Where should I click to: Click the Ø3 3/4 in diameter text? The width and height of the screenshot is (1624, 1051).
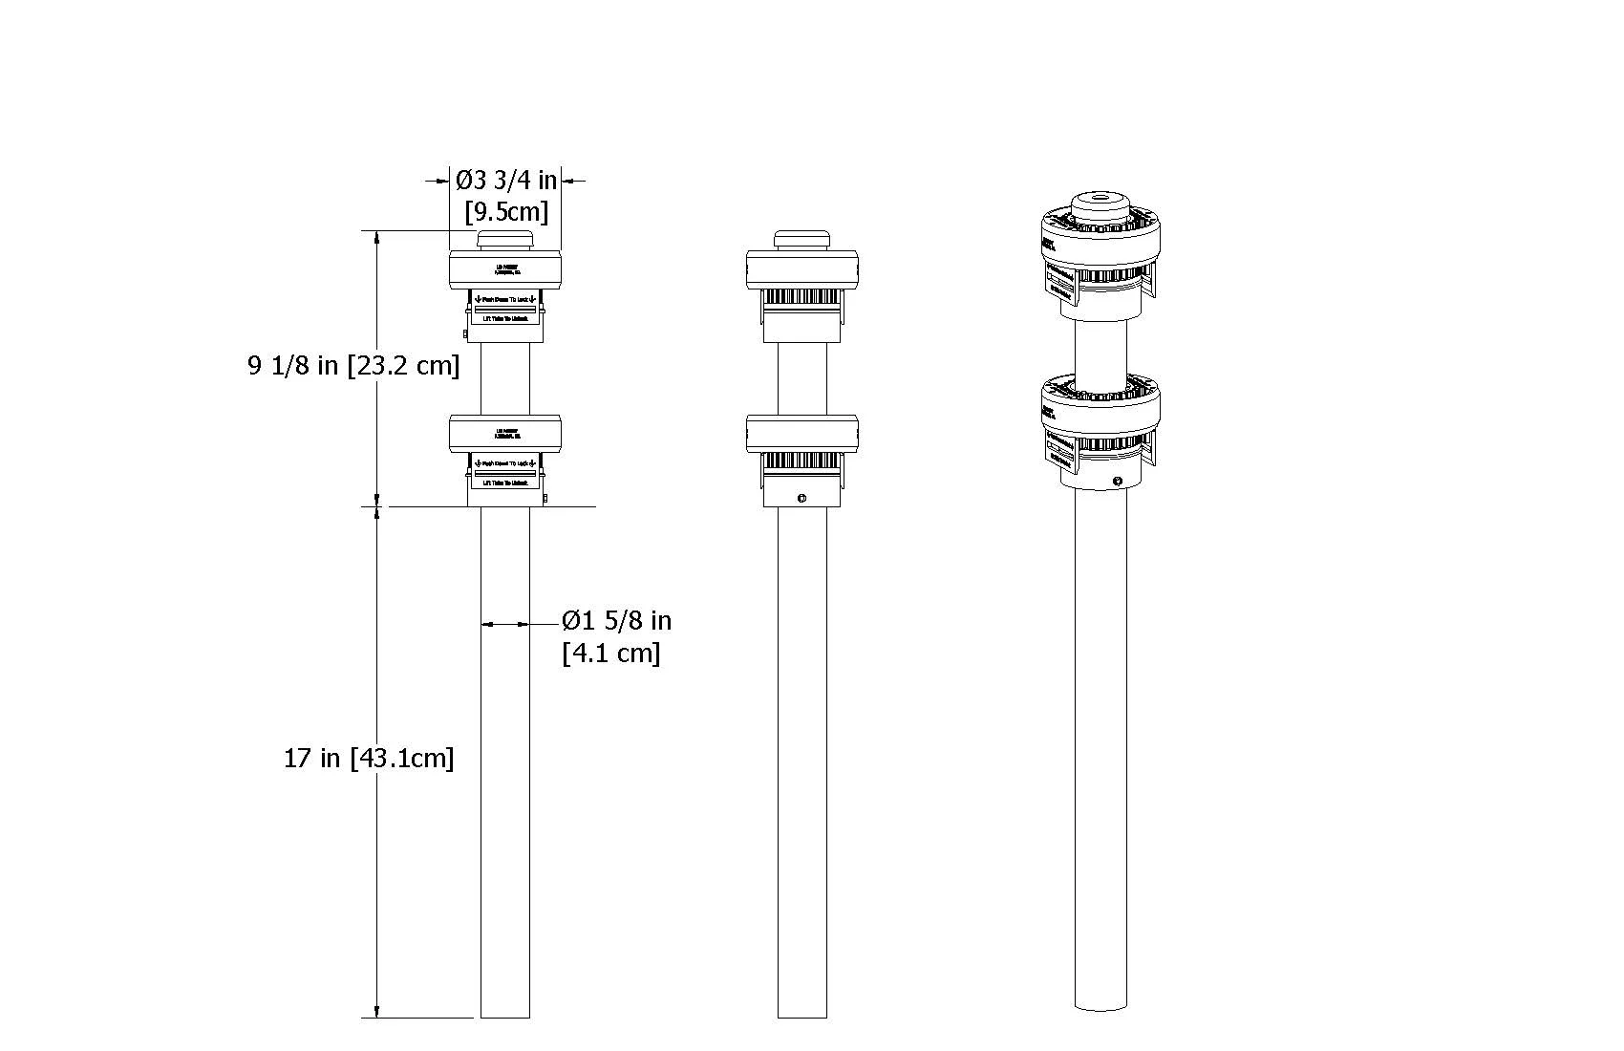pyautogui.click(x=505, y=180)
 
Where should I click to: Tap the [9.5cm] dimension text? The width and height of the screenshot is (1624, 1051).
pyautogui.click(x=505, y=211)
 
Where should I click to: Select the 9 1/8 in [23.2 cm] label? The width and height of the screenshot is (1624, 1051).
pyautogui.click(x=353, y=365)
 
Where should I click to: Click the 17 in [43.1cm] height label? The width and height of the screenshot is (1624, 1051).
pyautogui.click(x=369, y=759)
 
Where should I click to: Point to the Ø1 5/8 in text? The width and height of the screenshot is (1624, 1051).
pyautogui.click(x=616, y=621)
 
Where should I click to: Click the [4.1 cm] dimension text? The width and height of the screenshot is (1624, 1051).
pyautogui.click(x=611, y=654)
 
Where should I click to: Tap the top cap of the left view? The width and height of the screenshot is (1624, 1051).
pyautogui.click(x=504, y=240)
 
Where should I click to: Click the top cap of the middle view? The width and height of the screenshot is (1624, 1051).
pyautogui.click(x=801, y=240)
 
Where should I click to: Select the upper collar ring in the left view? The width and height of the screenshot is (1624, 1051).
pyautogui.click(x=504, y=269)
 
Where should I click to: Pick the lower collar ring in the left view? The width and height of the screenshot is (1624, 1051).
pyautogui.click(x=504, y=433)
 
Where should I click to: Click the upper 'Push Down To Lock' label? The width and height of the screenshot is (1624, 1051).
pyautogui.click(x=504, y=300)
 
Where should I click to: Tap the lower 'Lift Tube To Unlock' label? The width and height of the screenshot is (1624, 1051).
pyautogui.click(x=504, y=483)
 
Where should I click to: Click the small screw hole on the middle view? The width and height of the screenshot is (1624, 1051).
pyautogui.click(x=801, y=498)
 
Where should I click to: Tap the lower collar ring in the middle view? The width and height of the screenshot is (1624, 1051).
pyautogui.click(x=801, y=433)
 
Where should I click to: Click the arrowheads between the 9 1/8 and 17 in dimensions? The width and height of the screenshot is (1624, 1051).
pyautogui.click(x=377, y=505)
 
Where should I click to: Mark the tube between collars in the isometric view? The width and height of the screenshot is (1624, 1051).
pyautogui.click(x=1100, y=349)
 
